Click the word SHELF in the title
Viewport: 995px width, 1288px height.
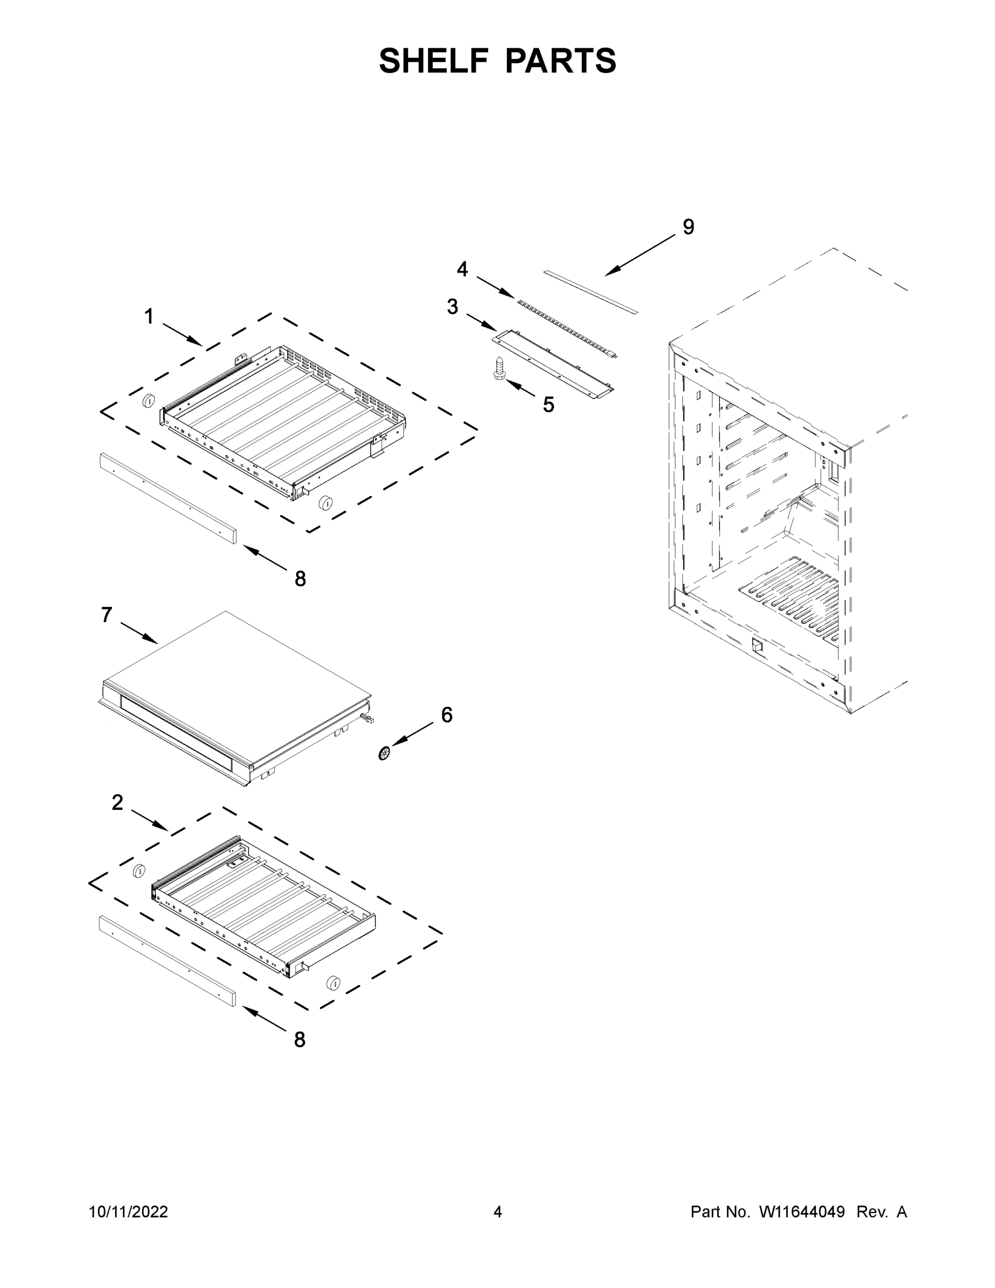pyautogui.click(x=433, y=61)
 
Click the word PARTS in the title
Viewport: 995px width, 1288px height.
pyautogui.click(x=561, y=61)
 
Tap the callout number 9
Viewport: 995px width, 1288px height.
pyautogui.click(x=688, y=227)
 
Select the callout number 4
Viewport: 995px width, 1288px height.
pyautogui.click(x=462, y=269)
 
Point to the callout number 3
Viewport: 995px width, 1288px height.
pyautogui.click(x=452, y=306)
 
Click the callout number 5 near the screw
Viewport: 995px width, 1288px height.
pyautogui.click(x=548, y=405)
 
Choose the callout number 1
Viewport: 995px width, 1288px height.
pyautogui.click(x=149, y=317)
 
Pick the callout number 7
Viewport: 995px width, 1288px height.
pyautogui.click(x=106, y=615)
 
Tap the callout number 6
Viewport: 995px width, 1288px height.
pyautogui.click(x=447, y=715)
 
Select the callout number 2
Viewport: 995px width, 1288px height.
pyautogui.click(x=117, y=802)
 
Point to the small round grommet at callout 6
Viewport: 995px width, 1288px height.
pyautogui.click(x=385, y=753)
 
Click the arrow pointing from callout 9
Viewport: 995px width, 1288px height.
pyautogui.click(x=640, y=255)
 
